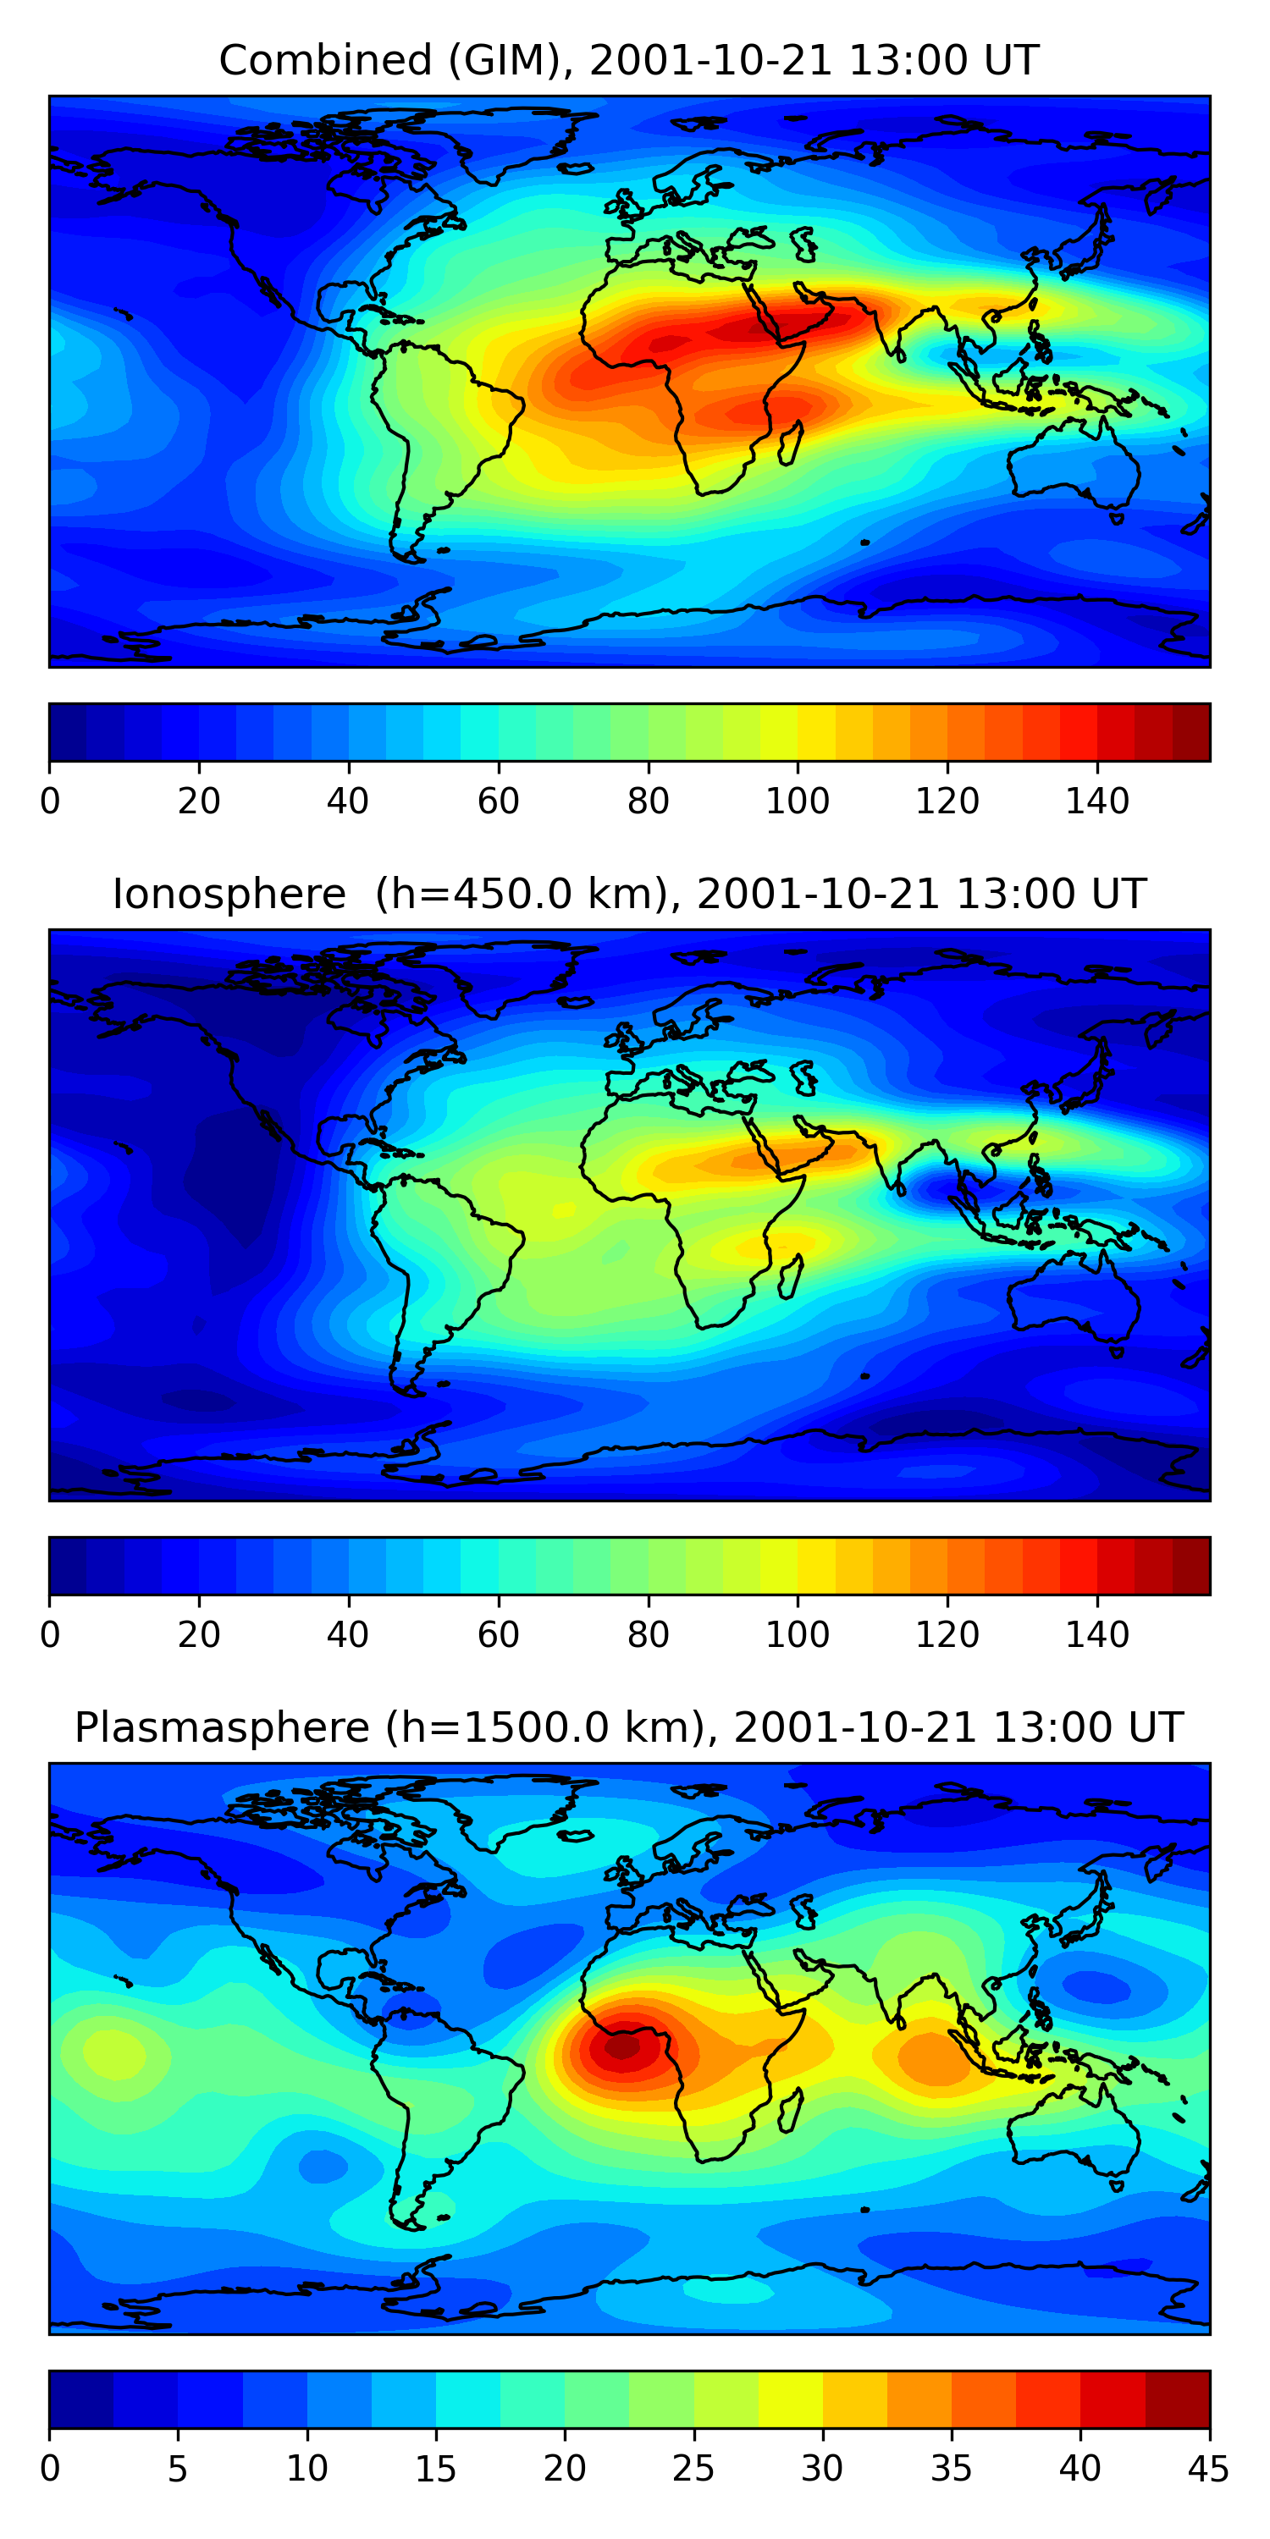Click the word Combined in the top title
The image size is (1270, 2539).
325,61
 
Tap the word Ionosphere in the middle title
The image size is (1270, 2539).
229,895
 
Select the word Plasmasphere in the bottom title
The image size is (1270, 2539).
221,1729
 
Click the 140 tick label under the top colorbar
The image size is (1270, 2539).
1096,801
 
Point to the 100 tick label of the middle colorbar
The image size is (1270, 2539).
797,1635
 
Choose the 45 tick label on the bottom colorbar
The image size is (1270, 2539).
1208,2469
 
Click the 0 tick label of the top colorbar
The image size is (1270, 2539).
50,801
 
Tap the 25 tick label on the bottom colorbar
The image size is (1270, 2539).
693,2469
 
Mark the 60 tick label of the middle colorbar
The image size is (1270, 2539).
498,1635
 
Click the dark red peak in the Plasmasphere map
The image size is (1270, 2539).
621,2047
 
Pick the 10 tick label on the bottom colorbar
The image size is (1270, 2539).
306,2469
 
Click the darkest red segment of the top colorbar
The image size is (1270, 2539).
1191,732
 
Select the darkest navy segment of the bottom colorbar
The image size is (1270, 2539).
80,2400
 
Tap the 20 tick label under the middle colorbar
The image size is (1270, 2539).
199,1635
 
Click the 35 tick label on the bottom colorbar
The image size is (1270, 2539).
951,2469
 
